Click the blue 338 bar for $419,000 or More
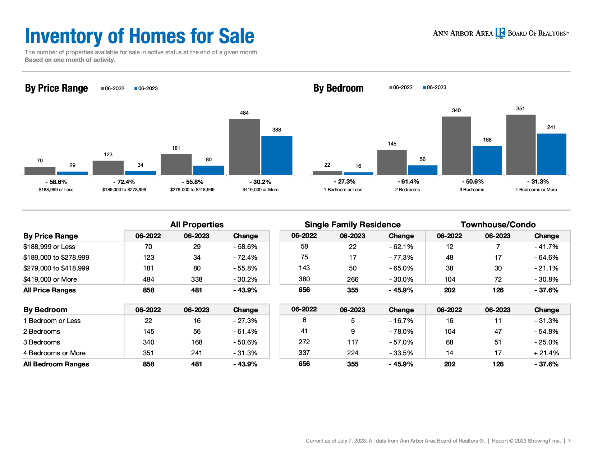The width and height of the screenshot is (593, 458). (x=277, y=155)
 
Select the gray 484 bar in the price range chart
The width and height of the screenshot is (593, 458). (x=244, y=147)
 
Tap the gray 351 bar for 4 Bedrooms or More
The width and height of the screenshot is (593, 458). (x=521, y=144)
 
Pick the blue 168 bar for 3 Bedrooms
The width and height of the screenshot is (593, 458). (x=487, y=161)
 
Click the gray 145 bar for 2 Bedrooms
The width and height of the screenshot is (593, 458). (x=392, y=162)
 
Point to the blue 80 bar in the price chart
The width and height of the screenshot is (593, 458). (x=209, y=170)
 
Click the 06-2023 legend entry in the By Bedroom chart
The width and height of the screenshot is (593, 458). (x=435, y=87)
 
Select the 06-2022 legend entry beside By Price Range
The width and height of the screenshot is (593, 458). (x=112, y=88)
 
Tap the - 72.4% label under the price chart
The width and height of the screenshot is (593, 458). (x=124, y=182)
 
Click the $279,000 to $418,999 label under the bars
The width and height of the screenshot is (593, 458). (x=192, y=190)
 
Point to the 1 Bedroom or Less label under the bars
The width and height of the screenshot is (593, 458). (x=343, y=190)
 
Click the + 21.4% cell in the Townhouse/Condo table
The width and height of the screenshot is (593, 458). (x=546, y=353)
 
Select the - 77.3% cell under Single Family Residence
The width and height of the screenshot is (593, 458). (x=401, y=258)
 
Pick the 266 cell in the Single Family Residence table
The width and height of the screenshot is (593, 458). (x=353, y=279)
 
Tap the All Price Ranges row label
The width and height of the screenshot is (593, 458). (x=49, y=290)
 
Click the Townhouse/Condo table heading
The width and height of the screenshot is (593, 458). (x=498, y=225)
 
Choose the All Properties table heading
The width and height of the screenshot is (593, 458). (x=197, y=225)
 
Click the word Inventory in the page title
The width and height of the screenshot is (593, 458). (x=64, y=36)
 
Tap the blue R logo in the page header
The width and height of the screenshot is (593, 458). (x=500, y=32)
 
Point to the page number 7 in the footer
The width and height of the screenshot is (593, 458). (x=569, y=441)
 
